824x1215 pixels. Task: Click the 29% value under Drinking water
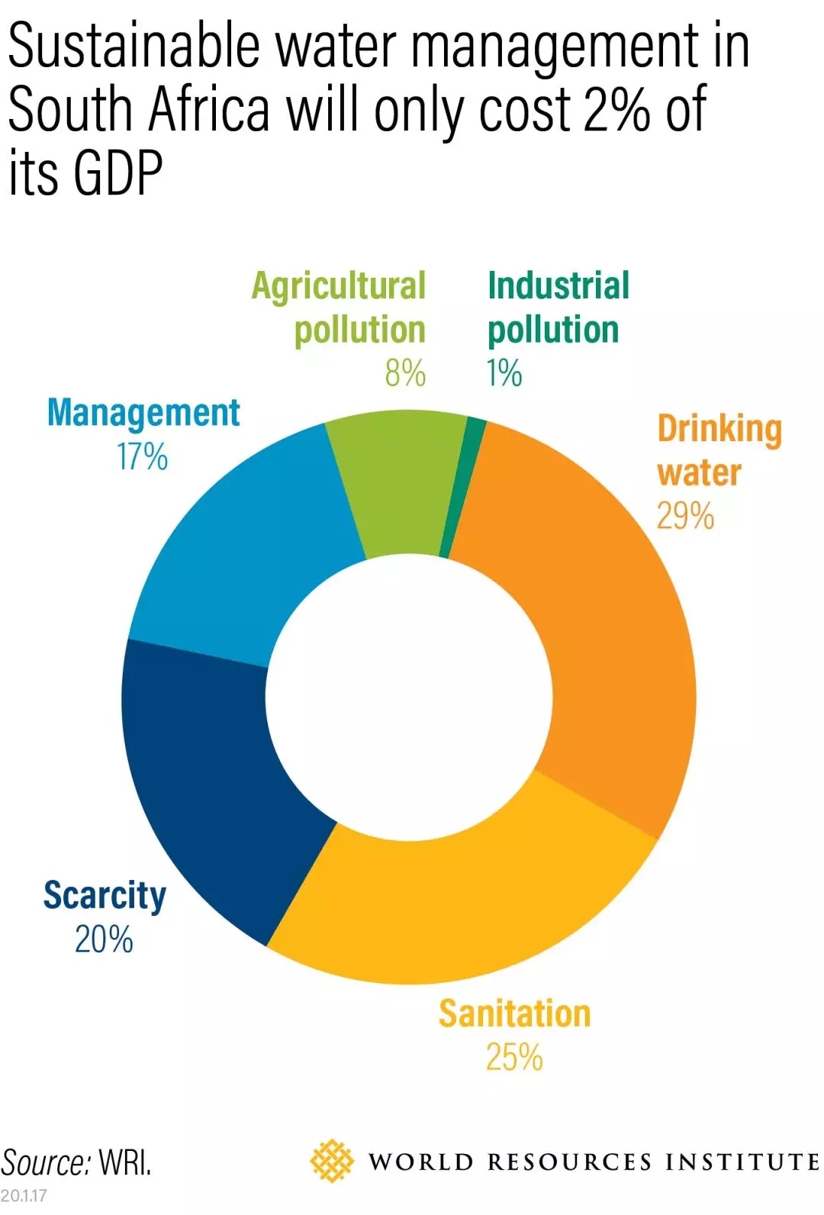click(685, 516)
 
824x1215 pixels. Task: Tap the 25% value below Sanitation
click(514, 1058)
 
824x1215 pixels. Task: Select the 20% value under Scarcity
click(104, 939)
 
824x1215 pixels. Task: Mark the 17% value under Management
click(142, 456)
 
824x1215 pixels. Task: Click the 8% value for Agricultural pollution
click(405, 373)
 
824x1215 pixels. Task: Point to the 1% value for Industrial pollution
click(504, 373)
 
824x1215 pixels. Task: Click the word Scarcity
click(105, 895)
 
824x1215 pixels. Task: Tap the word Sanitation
click(514, 1014)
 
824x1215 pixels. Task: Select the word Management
click(143, 413)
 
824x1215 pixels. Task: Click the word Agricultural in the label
click(339, 287)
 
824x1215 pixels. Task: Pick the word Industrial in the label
click(558, 285)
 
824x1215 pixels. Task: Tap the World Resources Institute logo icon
click(332, 1161)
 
